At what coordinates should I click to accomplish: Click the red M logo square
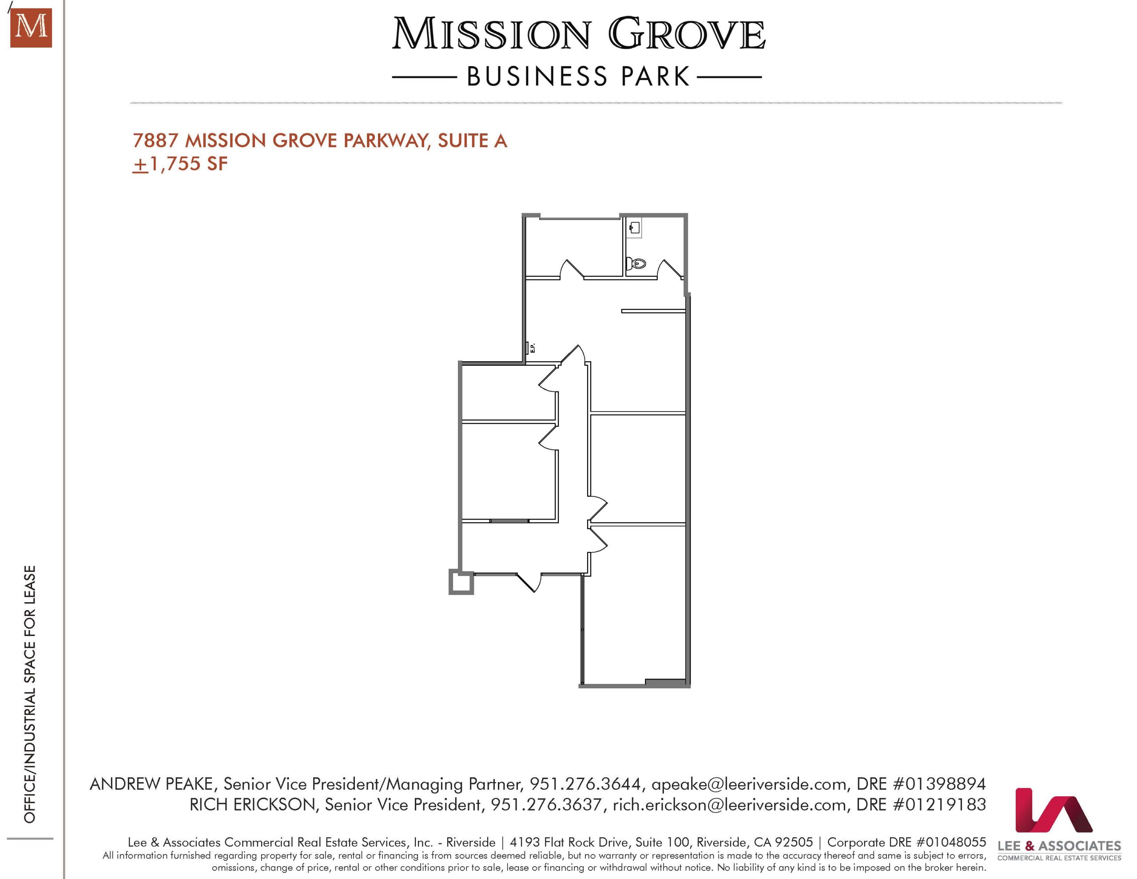click(31, 28)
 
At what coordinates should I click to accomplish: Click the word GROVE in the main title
click(687, 34)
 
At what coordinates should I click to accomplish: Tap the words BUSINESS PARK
click(578, 76)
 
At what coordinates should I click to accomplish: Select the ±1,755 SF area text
click(180, 164)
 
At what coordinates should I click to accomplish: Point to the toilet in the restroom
click(636, 263)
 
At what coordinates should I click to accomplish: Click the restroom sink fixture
click(635, 228)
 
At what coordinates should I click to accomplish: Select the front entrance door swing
click(529, 582)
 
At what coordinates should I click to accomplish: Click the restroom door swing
click(670, 269)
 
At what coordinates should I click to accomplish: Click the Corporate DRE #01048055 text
click(906, 842)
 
